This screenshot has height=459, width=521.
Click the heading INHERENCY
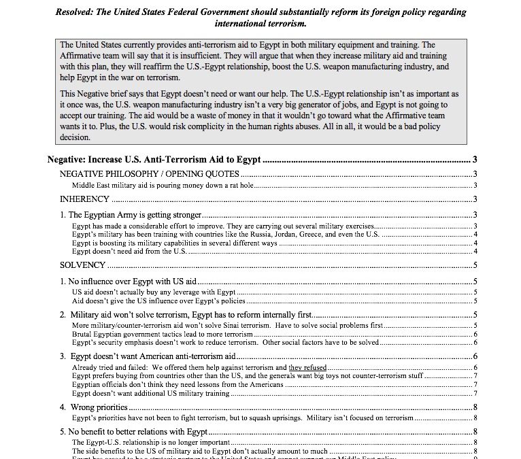coord(84,199)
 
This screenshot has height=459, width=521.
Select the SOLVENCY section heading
coord(83,265)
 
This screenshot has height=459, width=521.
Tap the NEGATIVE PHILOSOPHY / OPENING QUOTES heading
coord(150,175)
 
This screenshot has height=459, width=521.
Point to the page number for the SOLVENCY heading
coord(475,265)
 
